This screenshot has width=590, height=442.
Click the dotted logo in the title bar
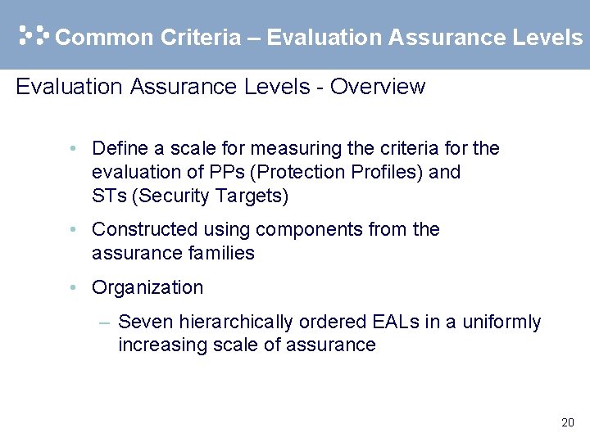click(x=34, y=35)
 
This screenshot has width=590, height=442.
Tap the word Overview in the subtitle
click(x=378, y=87)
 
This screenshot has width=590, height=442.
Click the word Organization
click(x=147, y=287)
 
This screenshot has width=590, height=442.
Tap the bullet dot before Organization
click(x=74, y=287)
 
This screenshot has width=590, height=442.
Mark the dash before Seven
click(x=104, y=322)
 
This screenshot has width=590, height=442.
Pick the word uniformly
click(x=501, y=322)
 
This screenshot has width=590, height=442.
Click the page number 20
click(x=567, y=423)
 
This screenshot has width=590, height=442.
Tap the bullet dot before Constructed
click(x=74, y=229)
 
